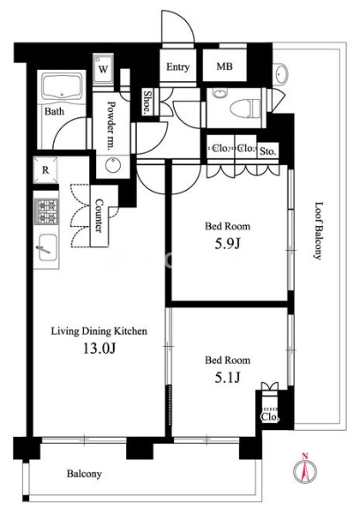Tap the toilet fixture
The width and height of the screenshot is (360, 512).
pyautogui.click(x=245, y=108)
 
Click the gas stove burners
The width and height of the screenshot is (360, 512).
pyautogui.click(x=47, y=211)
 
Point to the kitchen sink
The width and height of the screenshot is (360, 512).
pyautogui.click(x=47, y=247)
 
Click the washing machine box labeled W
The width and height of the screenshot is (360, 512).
pyautogui.click(x=103, y=69)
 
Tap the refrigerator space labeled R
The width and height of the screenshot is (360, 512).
pyautogui.click(x=46, y=170)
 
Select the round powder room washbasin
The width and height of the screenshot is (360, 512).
pyautogui.click(x=113, y=165)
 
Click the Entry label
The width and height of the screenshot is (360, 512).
pyautogui.click(x=178, y=67)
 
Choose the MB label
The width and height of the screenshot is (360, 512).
pyautogui.click(x=224, y=66)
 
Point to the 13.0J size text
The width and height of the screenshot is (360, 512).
pyautogui.click(x=99, y=349)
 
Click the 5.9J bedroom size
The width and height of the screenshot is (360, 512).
pyautogui.click(x=228, y=244)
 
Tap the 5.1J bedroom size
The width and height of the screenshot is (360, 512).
pyautogui.click(x=228, y=378)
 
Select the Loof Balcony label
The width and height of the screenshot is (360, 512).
pyautogui.click(x=318, y=231)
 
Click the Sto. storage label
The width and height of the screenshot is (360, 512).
pyautogui.click(x=268, y=152)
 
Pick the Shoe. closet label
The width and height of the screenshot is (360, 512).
pyautogui.click(x=147, y=102)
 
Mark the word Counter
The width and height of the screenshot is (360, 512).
pyautogui.click(x=99, y=215)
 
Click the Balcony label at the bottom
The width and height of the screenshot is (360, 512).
pyautogui.click(x=84, y=474)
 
